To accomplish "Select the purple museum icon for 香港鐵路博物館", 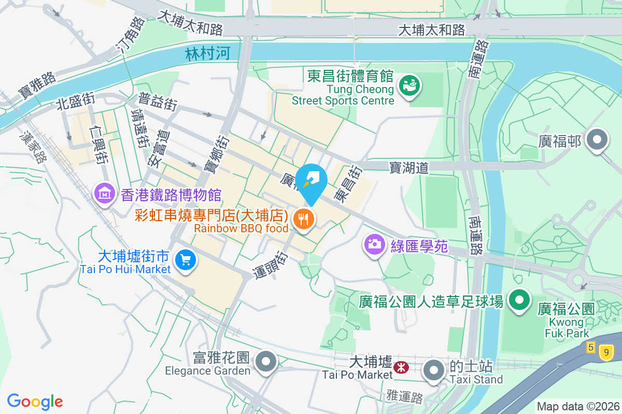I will (x=105, y=194).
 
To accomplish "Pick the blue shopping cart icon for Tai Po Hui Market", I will (x=186, y=260).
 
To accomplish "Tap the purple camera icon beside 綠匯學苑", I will (x=374, y=243).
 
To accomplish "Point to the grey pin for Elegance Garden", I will (x=266, y=362).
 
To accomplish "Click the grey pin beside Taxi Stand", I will (x=433, y=371).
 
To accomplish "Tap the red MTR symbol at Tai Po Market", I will (x=400, y=367).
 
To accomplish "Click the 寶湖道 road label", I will (x=409, y=167).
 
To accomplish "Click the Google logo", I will (x=35, y=402).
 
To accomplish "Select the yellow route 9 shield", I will (x=608, y=353).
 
